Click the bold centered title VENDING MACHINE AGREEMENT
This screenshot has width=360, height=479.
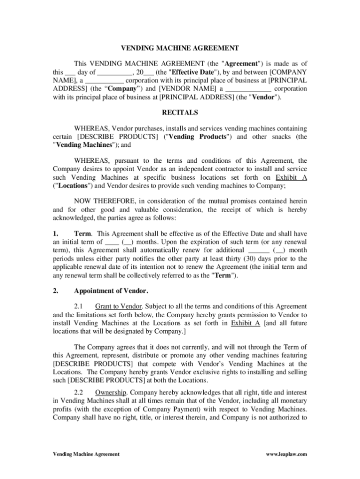180,48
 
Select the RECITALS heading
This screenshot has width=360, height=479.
180,113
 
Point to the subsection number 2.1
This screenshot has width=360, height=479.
79,306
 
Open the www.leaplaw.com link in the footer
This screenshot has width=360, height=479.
286,454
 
